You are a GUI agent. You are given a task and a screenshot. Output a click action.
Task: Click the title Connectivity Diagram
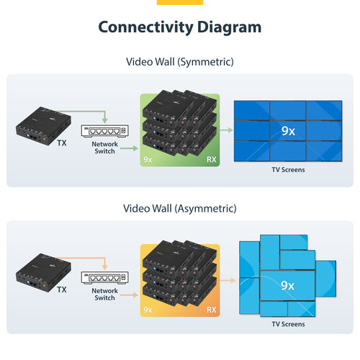coord(179,27)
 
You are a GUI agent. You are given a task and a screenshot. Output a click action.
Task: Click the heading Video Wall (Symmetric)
coord(179,62)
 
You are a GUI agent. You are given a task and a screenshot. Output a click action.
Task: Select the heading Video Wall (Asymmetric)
coord(179,209)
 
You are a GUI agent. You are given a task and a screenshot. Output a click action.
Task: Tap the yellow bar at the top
coord(179,2)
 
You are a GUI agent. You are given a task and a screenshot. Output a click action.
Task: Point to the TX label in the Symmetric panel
coord(63,143)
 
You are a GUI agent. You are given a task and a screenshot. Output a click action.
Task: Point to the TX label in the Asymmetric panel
coord(63,289)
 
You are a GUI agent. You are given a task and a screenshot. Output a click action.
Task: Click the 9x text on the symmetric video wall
coord(288,130)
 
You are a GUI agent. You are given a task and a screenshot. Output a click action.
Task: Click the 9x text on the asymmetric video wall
coord(288,285)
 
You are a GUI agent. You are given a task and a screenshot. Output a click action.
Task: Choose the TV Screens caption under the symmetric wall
coord(288,170)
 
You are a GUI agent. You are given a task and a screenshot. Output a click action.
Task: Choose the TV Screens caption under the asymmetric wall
coord(288,324)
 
